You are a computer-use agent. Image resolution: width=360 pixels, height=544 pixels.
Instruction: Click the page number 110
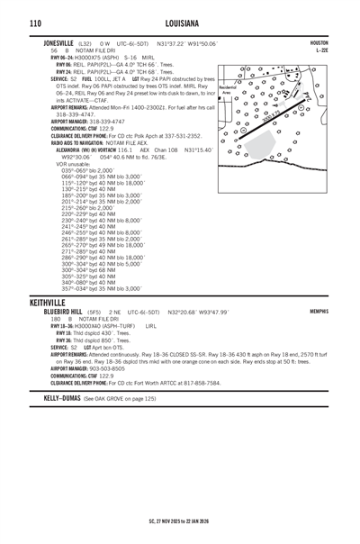tap(34, 22)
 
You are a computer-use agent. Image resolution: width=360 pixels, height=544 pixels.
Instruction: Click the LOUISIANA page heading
tap(180, 22)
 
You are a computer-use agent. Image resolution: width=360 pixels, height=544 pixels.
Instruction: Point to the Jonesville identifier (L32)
tap(85, 43)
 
